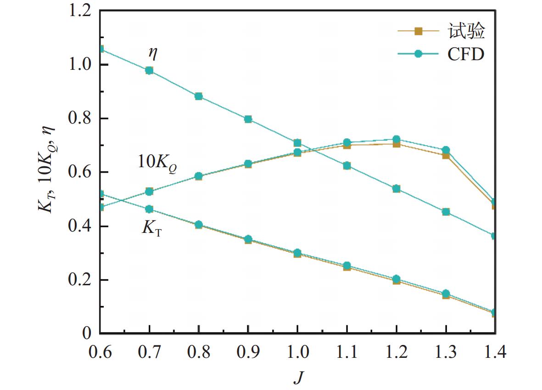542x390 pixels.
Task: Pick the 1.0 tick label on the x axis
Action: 297,352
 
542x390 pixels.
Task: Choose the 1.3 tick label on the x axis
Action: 446,352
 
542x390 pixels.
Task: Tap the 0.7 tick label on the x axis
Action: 149,352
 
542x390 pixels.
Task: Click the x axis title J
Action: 298,378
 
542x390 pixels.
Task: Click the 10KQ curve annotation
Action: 158,162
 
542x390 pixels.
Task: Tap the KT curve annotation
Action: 152,228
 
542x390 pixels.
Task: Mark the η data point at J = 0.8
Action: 199,96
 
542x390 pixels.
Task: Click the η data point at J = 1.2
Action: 397,189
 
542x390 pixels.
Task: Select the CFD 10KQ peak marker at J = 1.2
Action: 397,139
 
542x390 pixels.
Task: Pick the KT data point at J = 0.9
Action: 248,239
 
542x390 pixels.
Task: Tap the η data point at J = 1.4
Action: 495,236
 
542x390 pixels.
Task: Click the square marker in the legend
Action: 418,31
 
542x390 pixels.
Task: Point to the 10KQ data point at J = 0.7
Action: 149,191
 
